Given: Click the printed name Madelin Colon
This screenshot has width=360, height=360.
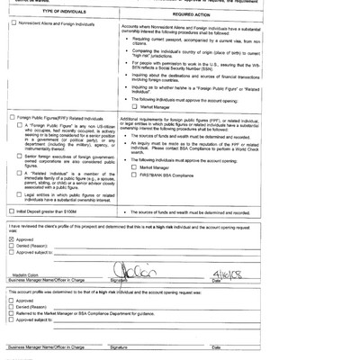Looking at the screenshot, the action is pyautogui.click(x=26, y=277).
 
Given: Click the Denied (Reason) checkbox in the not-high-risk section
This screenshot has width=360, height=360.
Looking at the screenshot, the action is pyautogui.click(x=12, y=247).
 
